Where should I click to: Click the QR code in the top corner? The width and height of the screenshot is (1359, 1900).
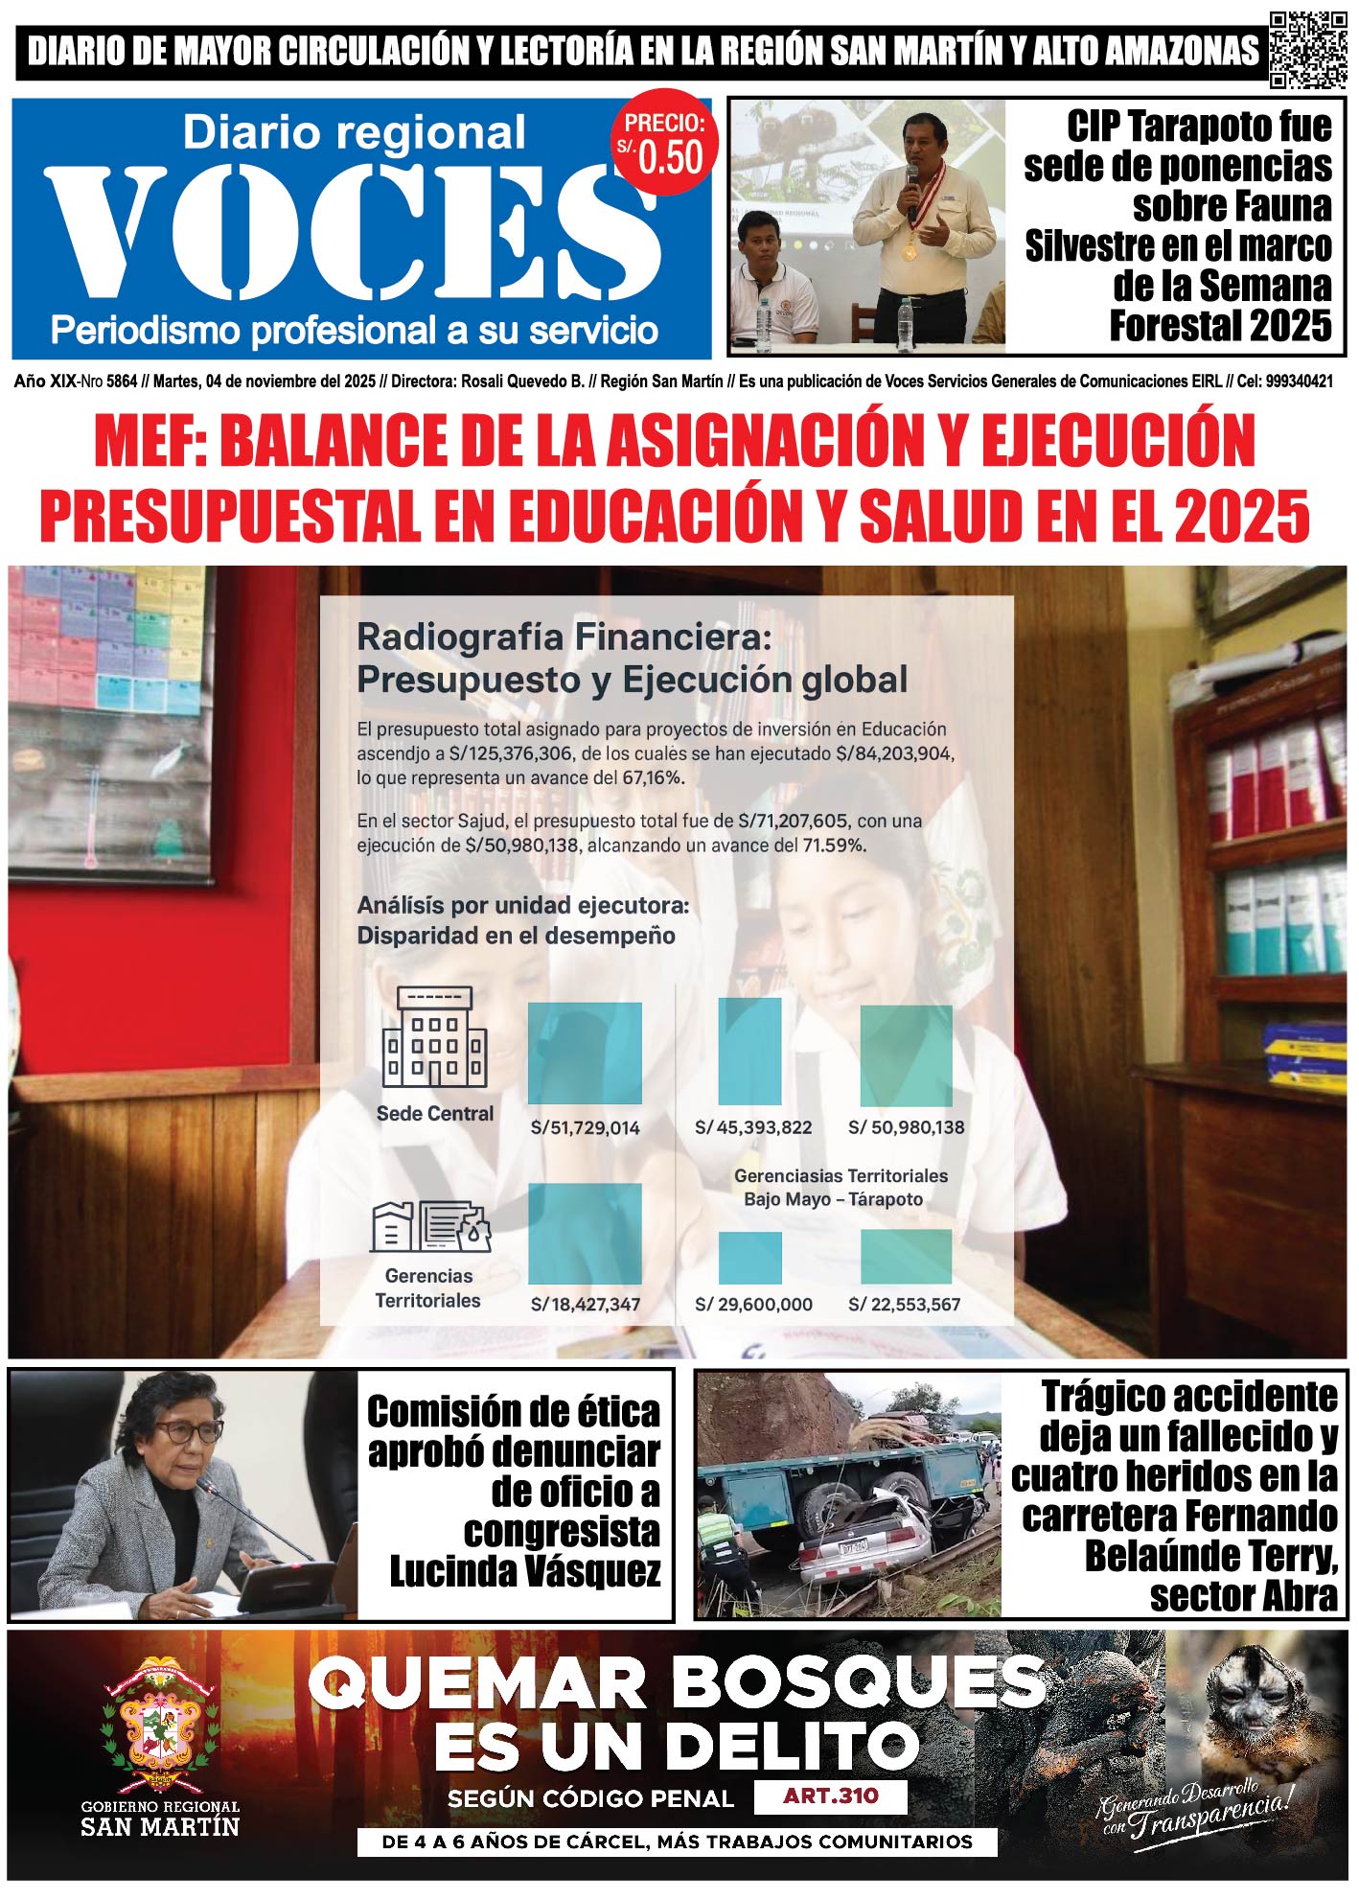tap(1308, 50)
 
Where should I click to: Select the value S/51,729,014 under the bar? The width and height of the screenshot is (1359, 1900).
tap(585, 1128)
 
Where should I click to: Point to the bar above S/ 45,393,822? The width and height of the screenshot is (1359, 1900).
tap(750, 1052)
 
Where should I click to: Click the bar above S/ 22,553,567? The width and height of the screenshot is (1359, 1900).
tap(906, 1257)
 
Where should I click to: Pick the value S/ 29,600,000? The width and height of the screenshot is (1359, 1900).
tap(753, 1305)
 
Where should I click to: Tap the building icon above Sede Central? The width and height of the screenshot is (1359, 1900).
tap(435, 1038)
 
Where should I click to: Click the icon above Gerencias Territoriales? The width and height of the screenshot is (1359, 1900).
tap(430, 1228)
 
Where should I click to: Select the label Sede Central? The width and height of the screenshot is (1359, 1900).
tap(435, 1114)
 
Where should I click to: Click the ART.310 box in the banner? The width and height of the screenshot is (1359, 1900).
tap(830, 1796)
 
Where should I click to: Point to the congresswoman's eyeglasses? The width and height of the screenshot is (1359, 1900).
tap(188, 1432)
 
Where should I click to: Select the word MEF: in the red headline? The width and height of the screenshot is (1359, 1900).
tap(150, 441)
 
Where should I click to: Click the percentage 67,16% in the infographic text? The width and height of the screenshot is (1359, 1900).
tap(653, 778)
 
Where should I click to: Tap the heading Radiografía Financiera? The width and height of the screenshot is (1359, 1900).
tap(564, 637)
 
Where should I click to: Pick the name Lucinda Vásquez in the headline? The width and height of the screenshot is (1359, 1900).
tap(524, 1572)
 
